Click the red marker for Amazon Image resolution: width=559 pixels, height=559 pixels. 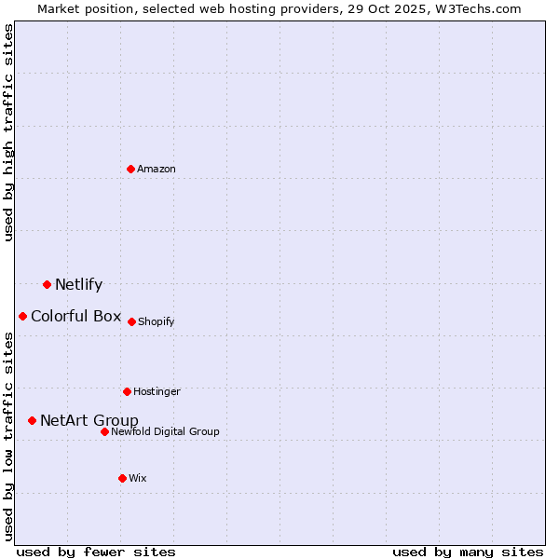coord(131,169)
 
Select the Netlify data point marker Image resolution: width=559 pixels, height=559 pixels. coord(47,284)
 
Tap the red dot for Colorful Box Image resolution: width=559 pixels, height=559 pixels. coord(23,316)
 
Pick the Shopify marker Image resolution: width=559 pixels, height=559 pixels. coord(131,321)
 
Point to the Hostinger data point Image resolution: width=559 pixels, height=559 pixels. coord(127,391)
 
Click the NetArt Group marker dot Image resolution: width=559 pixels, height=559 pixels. coord(33,420)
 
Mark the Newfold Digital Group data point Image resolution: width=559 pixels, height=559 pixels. coord(104,431)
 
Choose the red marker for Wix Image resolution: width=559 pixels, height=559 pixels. coord(122,478)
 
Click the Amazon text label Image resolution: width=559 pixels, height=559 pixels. coord(157,169)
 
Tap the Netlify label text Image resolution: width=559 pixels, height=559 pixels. coord(78,285)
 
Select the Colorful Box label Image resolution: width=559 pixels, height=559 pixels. coord(75,316)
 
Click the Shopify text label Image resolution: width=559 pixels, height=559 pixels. coord(156,322)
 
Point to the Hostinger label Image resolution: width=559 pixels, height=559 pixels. coord(157,391)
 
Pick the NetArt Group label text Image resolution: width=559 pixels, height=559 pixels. coord(89,420)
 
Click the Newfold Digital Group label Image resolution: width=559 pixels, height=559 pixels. coord(165,431)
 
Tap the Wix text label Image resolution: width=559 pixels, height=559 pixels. coord(138,478)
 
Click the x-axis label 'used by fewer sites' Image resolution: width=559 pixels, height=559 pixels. coord(96,552)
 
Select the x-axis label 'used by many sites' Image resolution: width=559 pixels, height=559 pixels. coord(468,552)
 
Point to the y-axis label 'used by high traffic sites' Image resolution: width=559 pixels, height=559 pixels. coord(8,132)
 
